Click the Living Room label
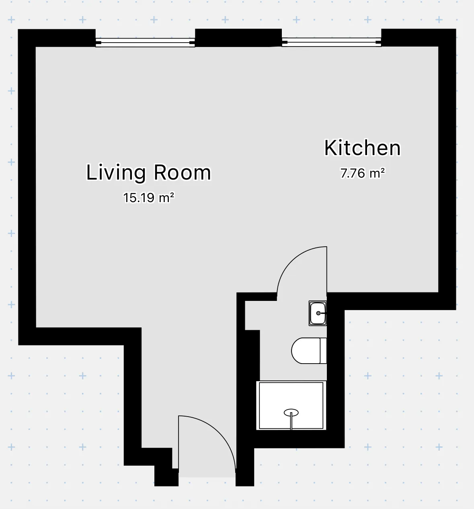(x=148, y=172)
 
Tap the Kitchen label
(x=362, y=148)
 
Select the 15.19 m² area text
(x=149, y=198)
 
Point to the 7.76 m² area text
(x=362, y=173)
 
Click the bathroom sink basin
(x=318, y=313)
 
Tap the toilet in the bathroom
(x=309, y=351)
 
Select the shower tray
(x=291, y=405)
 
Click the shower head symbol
(x=291, y=413)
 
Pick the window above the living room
(x=145, y=42)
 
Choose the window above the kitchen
(x=331, y=42)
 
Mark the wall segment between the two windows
(x=238, y=38)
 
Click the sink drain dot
(x=318, y=313)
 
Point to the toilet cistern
(x=324, y=351)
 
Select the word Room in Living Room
(x=182, y=172)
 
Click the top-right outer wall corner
(x=456, y=29)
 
